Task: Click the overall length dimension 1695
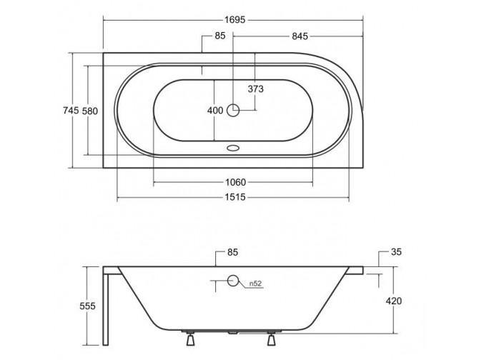pyautogui.click(x=235, y=20)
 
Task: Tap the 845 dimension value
pyautogui.click(x=300, y=36)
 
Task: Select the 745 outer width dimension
pyautogui.click(x=71, y=110)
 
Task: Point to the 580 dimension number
pyautogui.click(x=90, y=111)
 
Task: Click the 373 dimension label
pyautogui.click(x=255, y=89)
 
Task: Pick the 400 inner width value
pyautogui.click(x=215, y=111)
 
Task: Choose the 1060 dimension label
pyautogui.click(x=235, y=182)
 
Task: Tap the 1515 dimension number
pyautogui.click(x=235, y=197)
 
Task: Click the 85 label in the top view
pyautogui.click(x=220, y=36)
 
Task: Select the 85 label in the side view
pyautogui.click(x=232, y=253)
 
